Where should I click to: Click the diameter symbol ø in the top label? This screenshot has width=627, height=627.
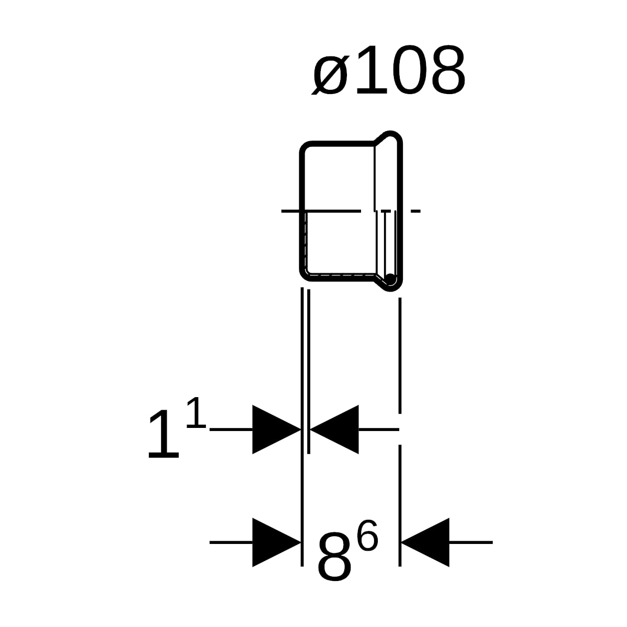[331, 75]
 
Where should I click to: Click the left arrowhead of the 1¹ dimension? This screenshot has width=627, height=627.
[276, 429]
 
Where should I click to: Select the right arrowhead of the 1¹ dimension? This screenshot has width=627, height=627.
[334, 429]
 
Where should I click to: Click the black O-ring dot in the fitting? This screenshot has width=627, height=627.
[390, 278]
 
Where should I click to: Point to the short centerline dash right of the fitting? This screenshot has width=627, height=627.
[415, 211]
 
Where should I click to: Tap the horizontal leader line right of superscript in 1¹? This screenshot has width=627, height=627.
[231, 429]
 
